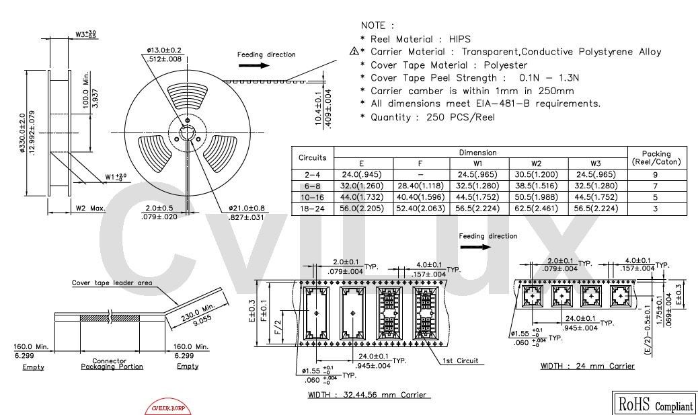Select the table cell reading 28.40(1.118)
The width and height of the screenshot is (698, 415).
(422, 186)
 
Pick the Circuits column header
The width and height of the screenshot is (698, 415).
(313, 157)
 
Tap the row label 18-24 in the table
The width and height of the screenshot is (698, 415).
(313, 209)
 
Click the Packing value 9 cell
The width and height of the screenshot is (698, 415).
(656, 175)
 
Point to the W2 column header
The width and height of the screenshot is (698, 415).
(538, 163)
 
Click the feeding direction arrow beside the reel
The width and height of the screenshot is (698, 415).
(252, 65)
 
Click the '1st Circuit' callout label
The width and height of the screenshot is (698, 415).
(460, 361)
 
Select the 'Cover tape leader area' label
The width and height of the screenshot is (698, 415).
(112, 282)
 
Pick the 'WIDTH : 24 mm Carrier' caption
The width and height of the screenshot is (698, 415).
(586, 366)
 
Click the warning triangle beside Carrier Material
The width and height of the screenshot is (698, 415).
(354, 52)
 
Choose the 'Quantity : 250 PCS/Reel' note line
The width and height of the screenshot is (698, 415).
(432, 117)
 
